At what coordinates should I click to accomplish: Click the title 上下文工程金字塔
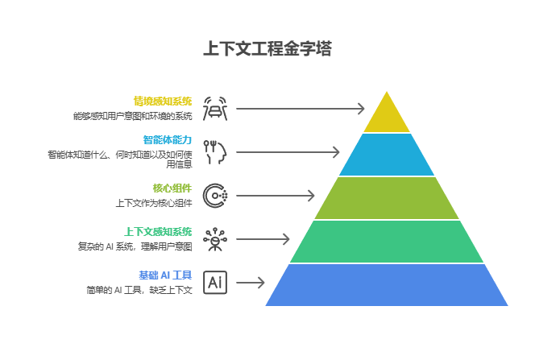point(267,49)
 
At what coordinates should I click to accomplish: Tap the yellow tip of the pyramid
point(388,116)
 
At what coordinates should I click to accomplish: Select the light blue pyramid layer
point(388,155)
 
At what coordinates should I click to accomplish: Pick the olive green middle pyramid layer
point(388,198)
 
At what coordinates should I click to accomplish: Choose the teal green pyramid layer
point(388,242)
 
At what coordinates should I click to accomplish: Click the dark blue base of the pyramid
point(388,285)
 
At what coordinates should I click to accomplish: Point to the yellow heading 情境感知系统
point(163,101)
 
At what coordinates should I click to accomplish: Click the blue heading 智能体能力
point(168,139)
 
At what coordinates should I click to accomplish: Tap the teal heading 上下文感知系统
point(158,231)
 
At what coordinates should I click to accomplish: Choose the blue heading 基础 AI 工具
point(165,275)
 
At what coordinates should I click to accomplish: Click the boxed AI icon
point(215,283)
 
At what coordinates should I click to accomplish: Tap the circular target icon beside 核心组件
point(215,195)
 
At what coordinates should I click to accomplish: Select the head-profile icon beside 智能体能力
point(215,151)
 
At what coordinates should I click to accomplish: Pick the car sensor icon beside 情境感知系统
point(215,108)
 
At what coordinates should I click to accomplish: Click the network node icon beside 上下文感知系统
point(215,238)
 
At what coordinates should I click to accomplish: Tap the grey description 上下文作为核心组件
point(154,202)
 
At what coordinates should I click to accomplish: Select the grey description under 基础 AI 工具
point(139,289)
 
